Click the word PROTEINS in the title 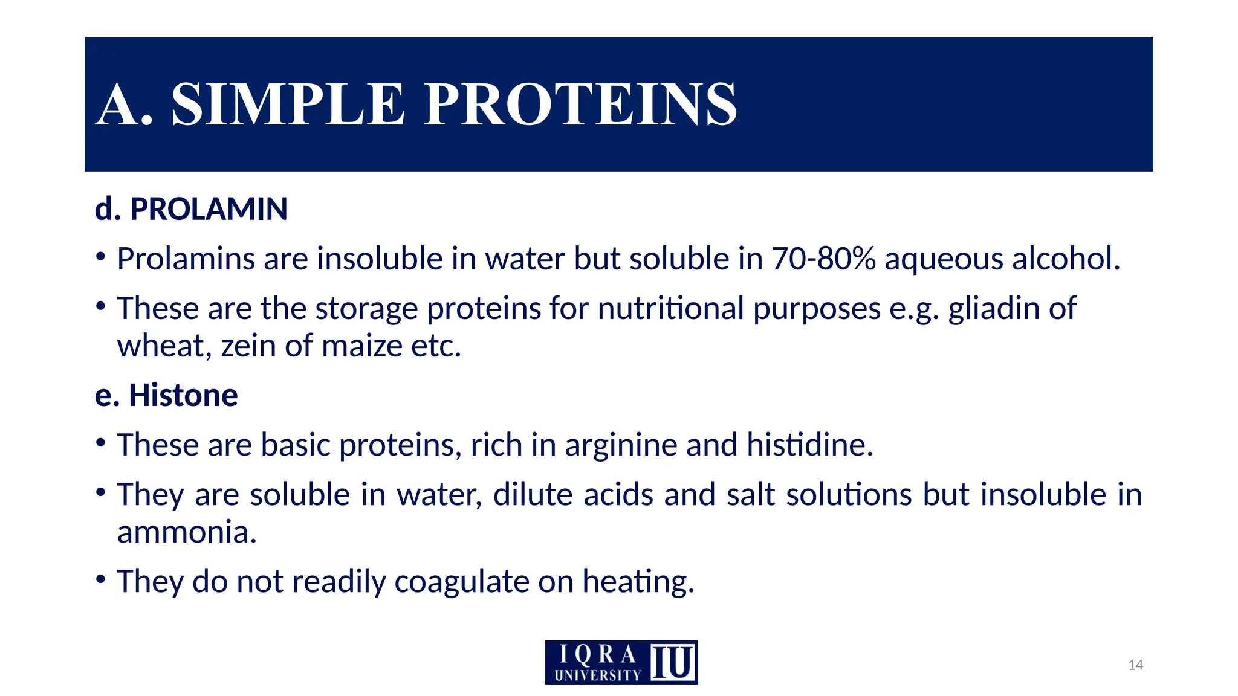pyautogui.click(x=580, y=105)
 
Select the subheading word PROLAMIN pyautogui.click(x=209, y=209)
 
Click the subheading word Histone pyautogui.click(x=183, y=395)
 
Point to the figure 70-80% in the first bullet pyautogui.click(x=823, y=259)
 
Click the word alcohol pyautogui.click(x=1066, y=259)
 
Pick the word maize pyautogui.click(x=361, y=346)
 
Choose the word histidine pyautogui.click(x=809, y=445)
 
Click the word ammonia pyautogui.click(x=187, y=532)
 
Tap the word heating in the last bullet pyautogui.click(x=638, y=582)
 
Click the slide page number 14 pyautogui.click(x=1135, y=665)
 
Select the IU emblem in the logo pyautogui.click(x=673, y=662)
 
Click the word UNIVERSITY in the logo pyautogui.click(x=597, y=675)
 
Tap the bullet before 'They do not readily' pyautogui.click(x=101, y=579)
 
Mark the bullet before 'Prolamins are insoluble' pyautogui.click(x=101, y=257)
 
